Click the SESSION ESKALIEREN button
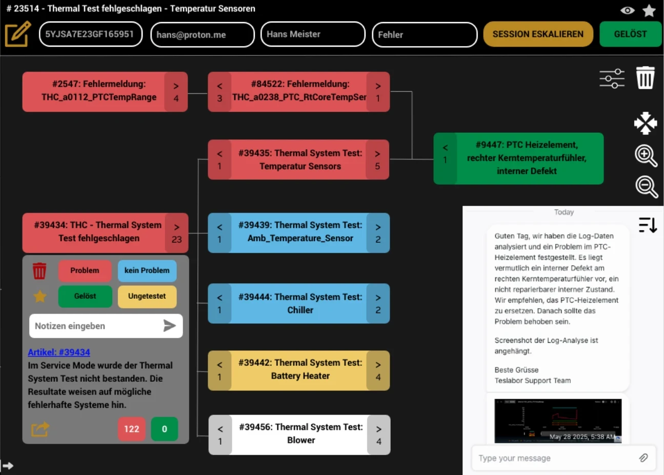(538, 34)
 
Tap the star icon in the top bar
(649, 10)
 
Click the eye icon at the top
(627, 10)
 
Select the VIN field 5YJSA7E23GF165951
(91, 34)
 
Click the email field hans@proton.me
(202, 35)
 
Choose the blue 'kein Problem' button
(147, 271)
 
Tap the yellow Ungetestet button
(147, 296)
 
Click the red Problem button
(85, 271)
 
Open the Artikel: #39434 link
(59, 352)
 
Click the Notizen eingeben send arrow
(169, 326)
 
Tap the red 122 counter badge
(132, 429)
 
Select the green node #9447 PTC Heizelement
(526, 158)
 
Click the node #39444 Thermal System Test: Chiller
(300, 303)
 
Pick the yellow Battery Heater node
(300, 369)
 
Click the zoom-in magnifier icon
(646, 155)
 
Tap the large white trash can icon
(645, 78)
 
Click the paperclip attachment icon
(643, 458)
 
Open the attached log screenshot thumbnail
(558, 421)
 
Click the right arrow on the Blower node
(379, 435)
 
